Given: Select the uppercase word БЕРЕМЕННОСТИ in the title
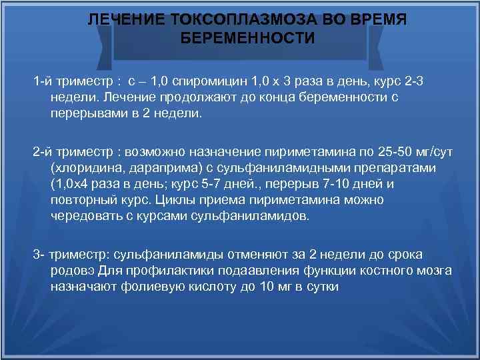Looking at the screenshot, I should pos(248,38).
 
